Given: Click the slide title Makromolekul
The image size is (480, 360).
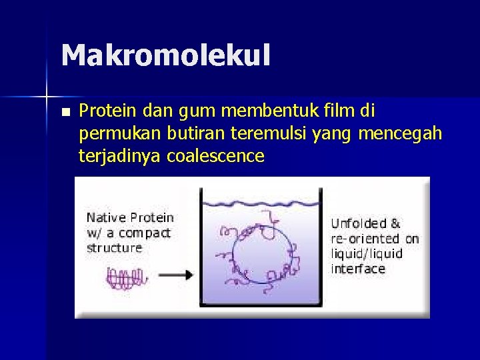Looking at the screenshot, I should (165, 55).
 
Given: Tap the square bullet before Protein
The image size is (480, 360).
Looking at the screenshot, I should (64, 111).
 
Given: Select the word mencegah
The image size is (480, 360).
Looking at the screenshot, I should (400, 133).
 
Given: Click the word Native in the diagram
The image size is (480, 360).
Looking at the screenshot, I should (106, 217).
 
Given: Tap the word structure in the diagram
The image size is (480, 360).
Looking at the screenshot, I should (114, 247).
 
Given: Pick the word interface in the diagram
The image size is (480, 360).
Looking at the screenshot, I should (358, 269).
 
